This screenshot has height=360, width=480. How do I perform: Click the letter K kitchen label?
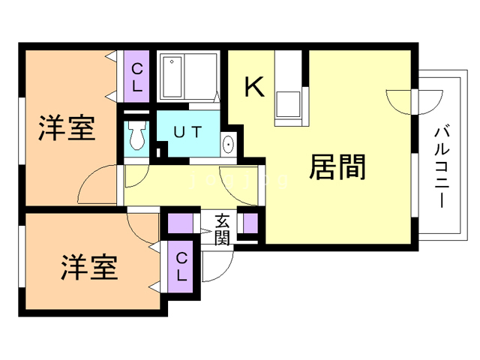pyautogui.click(x=255, y=88)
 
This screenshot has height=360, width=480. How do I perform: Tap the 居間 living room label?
pyautogui.click(x=337, y=168)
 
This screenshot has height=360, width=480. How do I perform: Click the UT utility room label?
pyautogui.click(x=187, y=132)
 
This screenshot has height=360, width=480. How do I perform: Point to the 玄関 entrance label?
pyautogui.click(x=222, y=229)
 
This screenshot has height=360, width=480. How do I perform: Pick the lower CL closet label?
pyautogui.click(x=181, y=266)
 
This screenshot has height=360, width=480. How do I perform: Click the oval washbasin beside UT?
pyautogui.click(x=229, y=144)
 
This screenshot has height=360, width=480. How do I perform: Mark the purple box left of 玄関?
pyautogui.click(x=180, y=223)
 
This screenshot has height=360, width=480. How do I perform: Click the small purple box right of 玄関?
pyautogui.click(x=250, y=223)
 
